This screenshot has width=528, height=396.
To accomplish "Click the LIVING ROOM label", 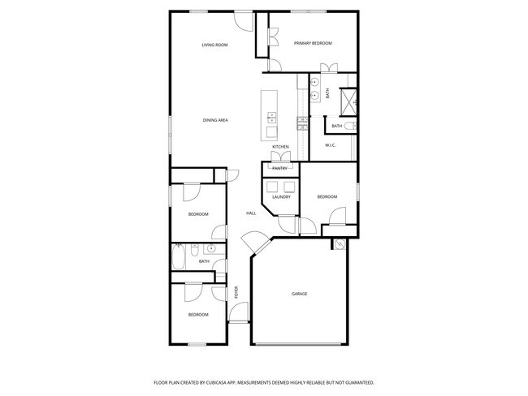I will (x=214, y=45).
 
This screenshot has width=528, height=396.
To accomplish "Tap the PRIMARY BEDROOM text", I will (x=313, y=43).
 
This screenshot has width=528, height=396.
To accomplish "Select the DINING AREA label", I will (x=215, y=120).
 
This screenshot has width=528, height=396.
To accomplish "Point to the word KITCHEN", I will (x=280, y=147).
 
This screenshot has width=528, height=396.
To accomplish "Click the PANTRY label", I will (x=279, y=168).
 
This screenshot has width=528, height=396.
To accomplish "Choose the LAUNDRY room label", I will (x=281, y=196).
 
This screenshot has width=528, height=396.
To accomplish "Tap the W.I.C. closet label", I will (x=331, y=145).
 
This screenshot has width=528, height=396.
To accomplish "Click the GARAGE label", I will (x=300, y=294).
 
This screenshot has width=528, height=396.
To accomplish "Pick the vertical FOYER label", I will (x=236, y=292).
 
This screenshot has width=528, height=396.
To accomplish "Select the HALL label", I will (x=251, y=213).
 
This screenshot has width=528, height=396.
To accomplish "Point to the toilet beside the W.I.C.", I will (x=350, y=127).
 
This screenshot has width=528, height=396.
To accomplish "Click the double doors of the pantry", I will (x=280, y=156).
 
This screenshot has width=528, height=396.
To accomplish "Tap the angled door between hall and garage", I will (x=253, y=243).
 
